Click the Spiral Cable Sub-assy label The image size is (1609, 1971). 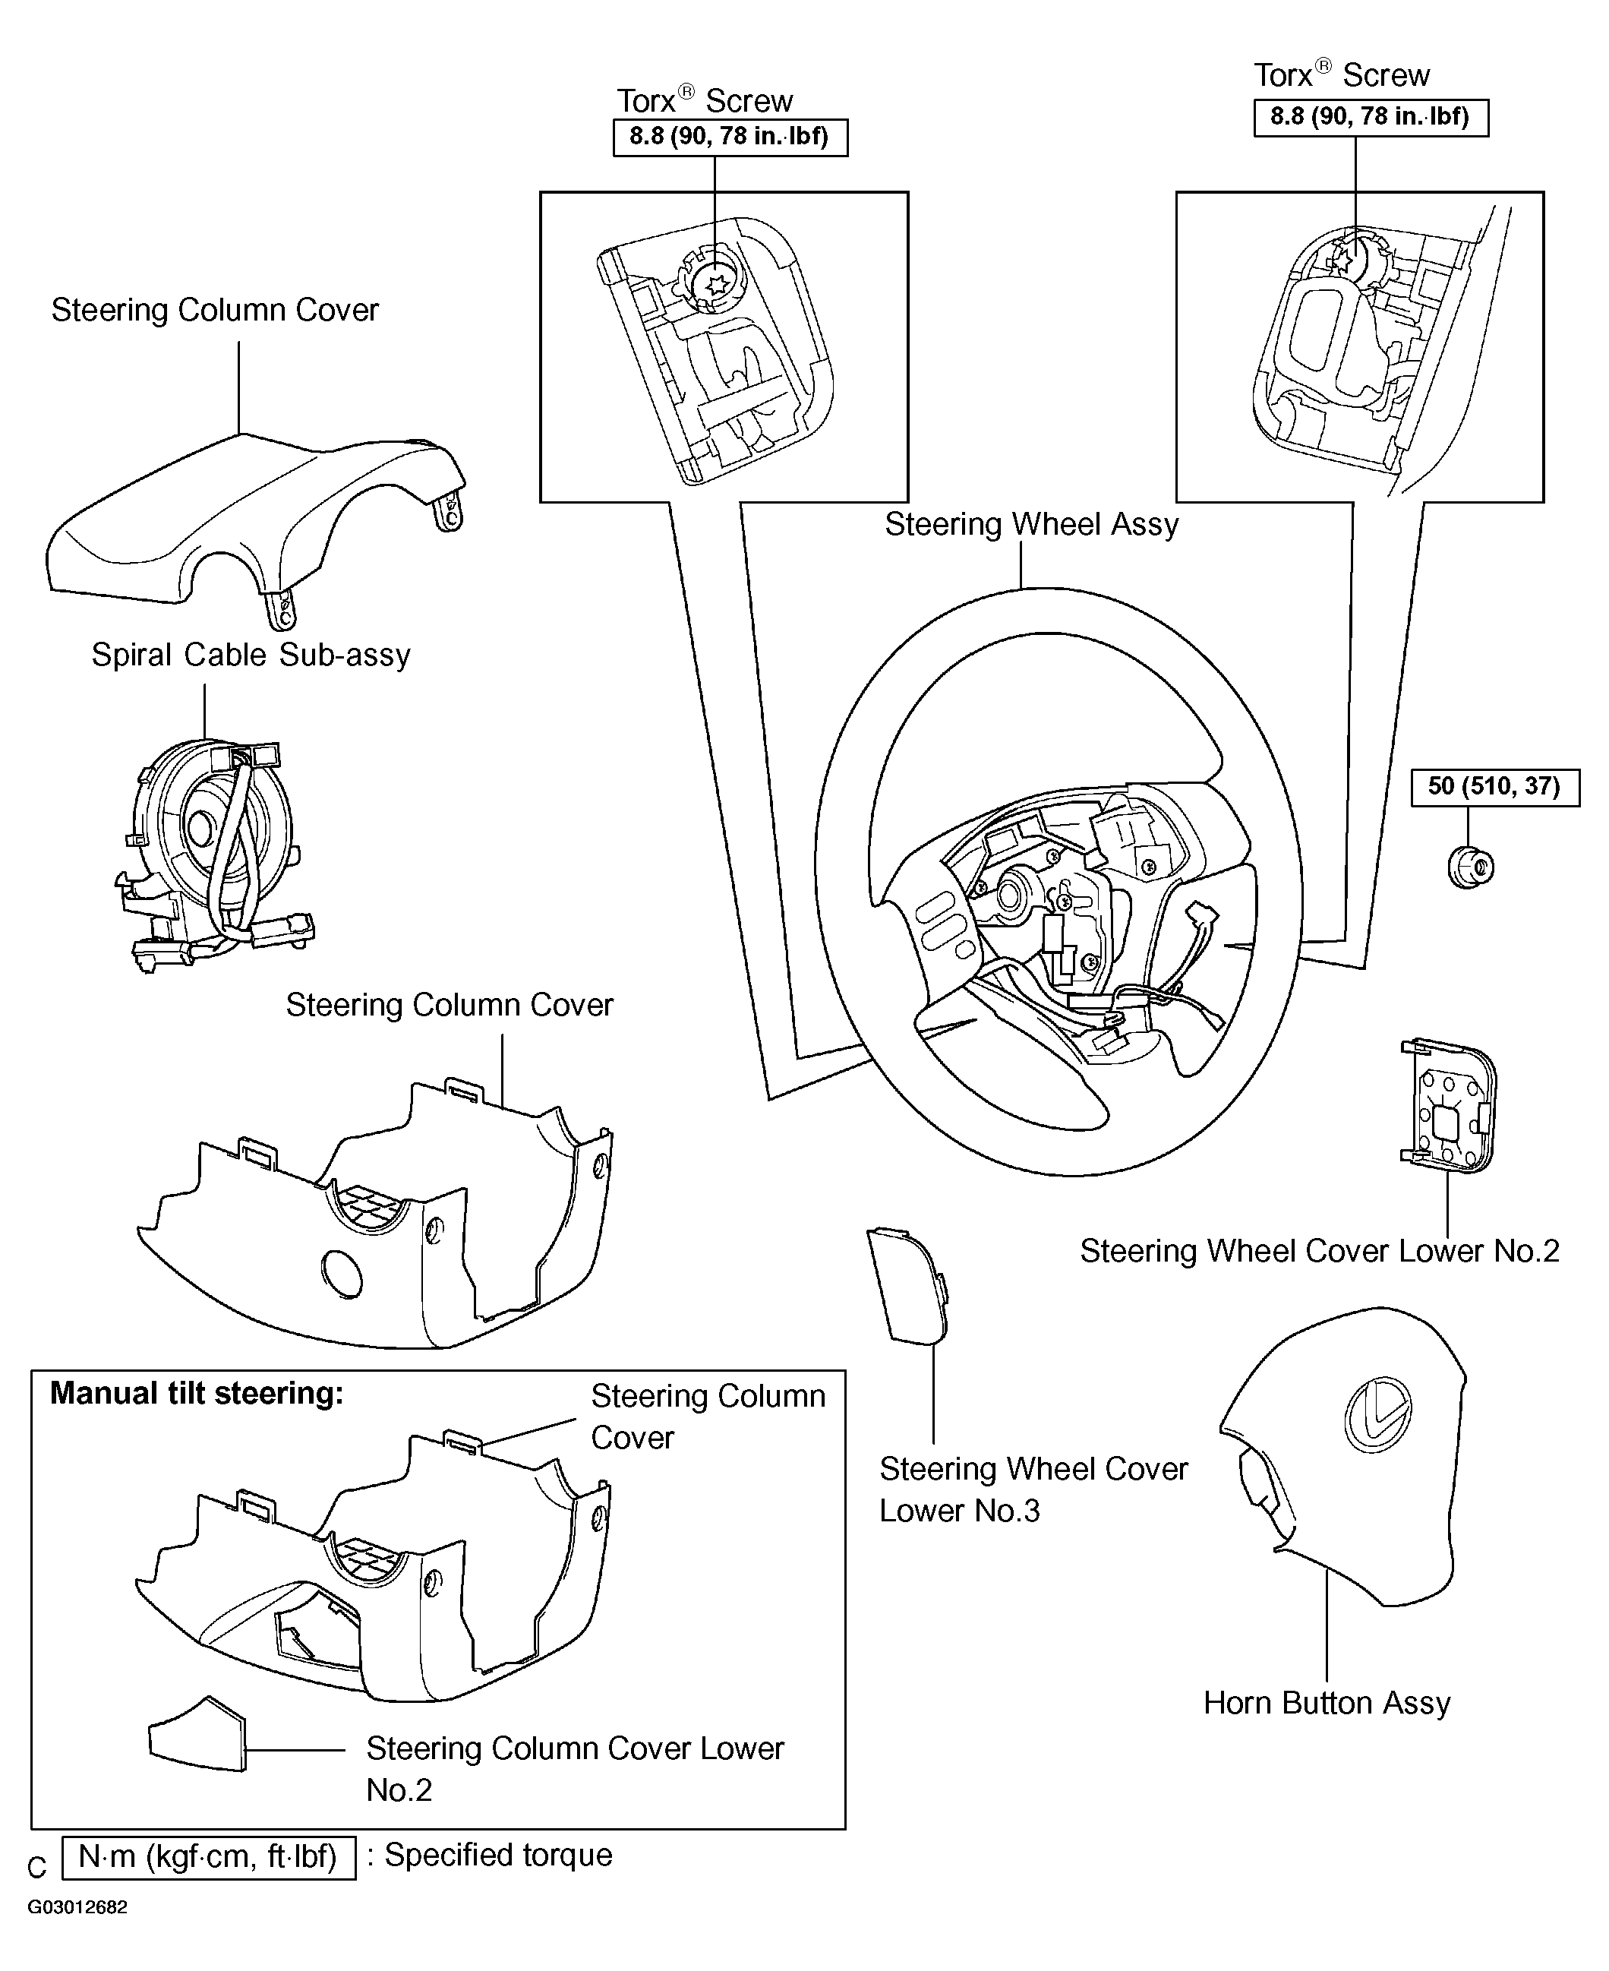pyautogui.click(x=251, y=655)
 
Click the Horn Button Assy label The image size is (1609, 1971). pyautogui.click(x=1327, y=1703)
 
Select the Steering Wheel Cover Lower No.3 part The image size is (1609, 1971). pyautogui.click(x=907, y=1285)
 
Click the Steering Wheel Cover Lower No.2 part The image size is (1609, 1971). pyautogui.click(x=1448, y=1106)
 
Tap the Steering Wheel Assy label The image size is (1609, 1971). pyautogui.click(x=1032, y=525)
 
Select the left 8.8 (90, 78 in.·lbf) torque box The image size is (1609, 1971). pyautogui.click(x=730, y=137)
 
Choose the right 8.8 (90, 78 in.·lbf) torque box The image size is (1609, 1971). pyautogui.click(x=1371, y=117)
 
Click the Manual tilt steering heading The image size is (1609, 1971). pyautogui.click(x=197, y=1394)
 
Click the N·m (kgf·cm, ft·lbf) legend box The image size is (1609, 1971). pyautogui.click(x=209, y=1857)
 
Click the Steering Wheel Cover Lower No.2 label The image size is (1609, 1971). pyautogui.click(x=1320, y=1252)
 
